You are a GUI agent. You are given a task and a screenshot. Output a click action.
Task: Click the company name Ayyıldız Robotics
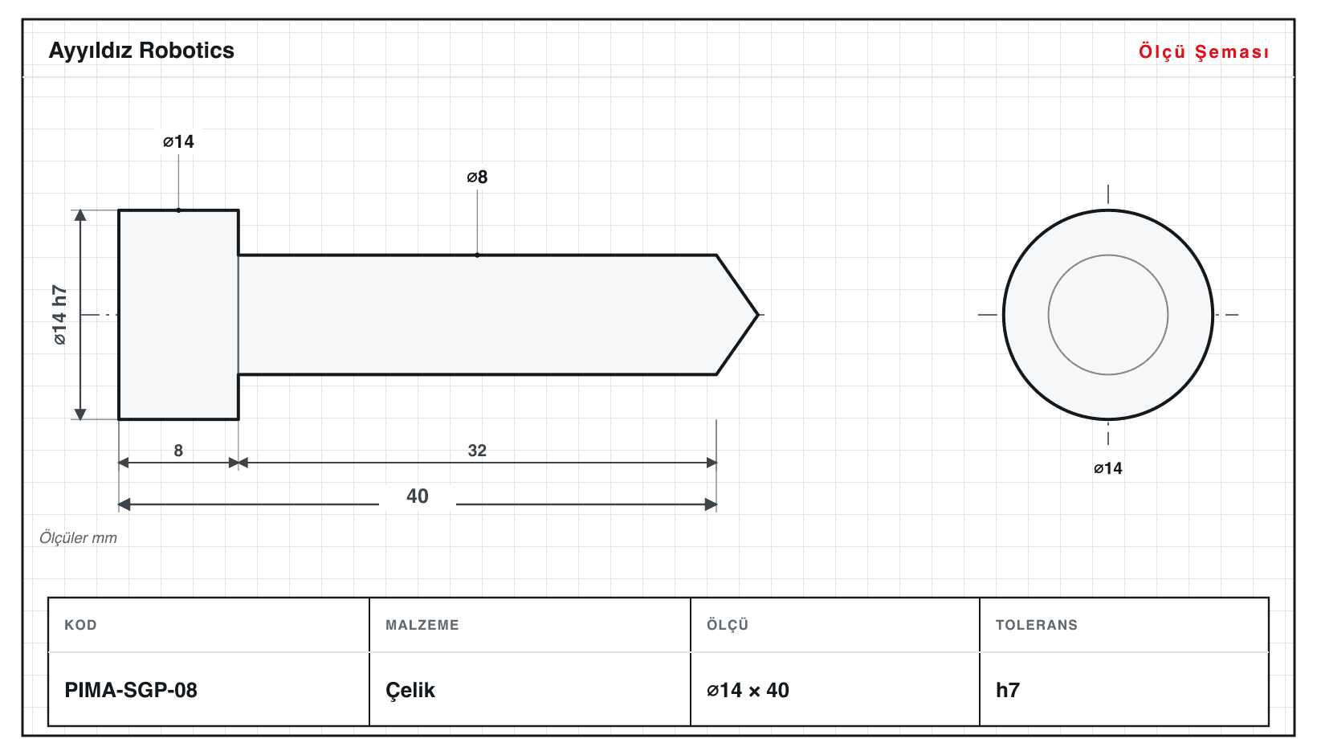[141, 51]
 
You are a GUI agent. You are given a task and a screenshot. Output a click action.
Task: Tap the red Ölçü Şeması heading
[1204, 51]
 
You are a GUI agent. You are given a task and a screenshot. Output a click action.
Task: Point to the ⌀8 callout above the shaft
[477, 177]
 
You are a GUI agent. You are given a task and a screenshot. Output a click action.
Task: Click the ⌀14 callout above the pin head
[178, 141]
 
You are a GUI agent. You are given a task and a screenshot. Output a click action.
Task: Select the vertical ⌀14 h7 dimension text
[59, 315]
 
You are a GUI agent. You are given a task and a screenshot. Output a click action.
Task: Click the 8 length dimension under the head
[178, 451]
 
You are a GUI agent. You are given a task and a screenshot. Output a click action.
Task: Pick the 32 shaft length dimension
[477, 451]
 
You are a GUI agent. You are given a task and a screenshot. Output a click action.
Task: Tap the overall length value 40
[418, 496]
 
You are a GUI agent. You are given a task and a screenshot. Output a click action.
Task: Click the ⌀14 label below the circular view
[1107, 468]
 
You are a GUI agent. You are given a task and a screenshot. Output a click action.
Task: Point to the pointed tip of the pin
[758, 315]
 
